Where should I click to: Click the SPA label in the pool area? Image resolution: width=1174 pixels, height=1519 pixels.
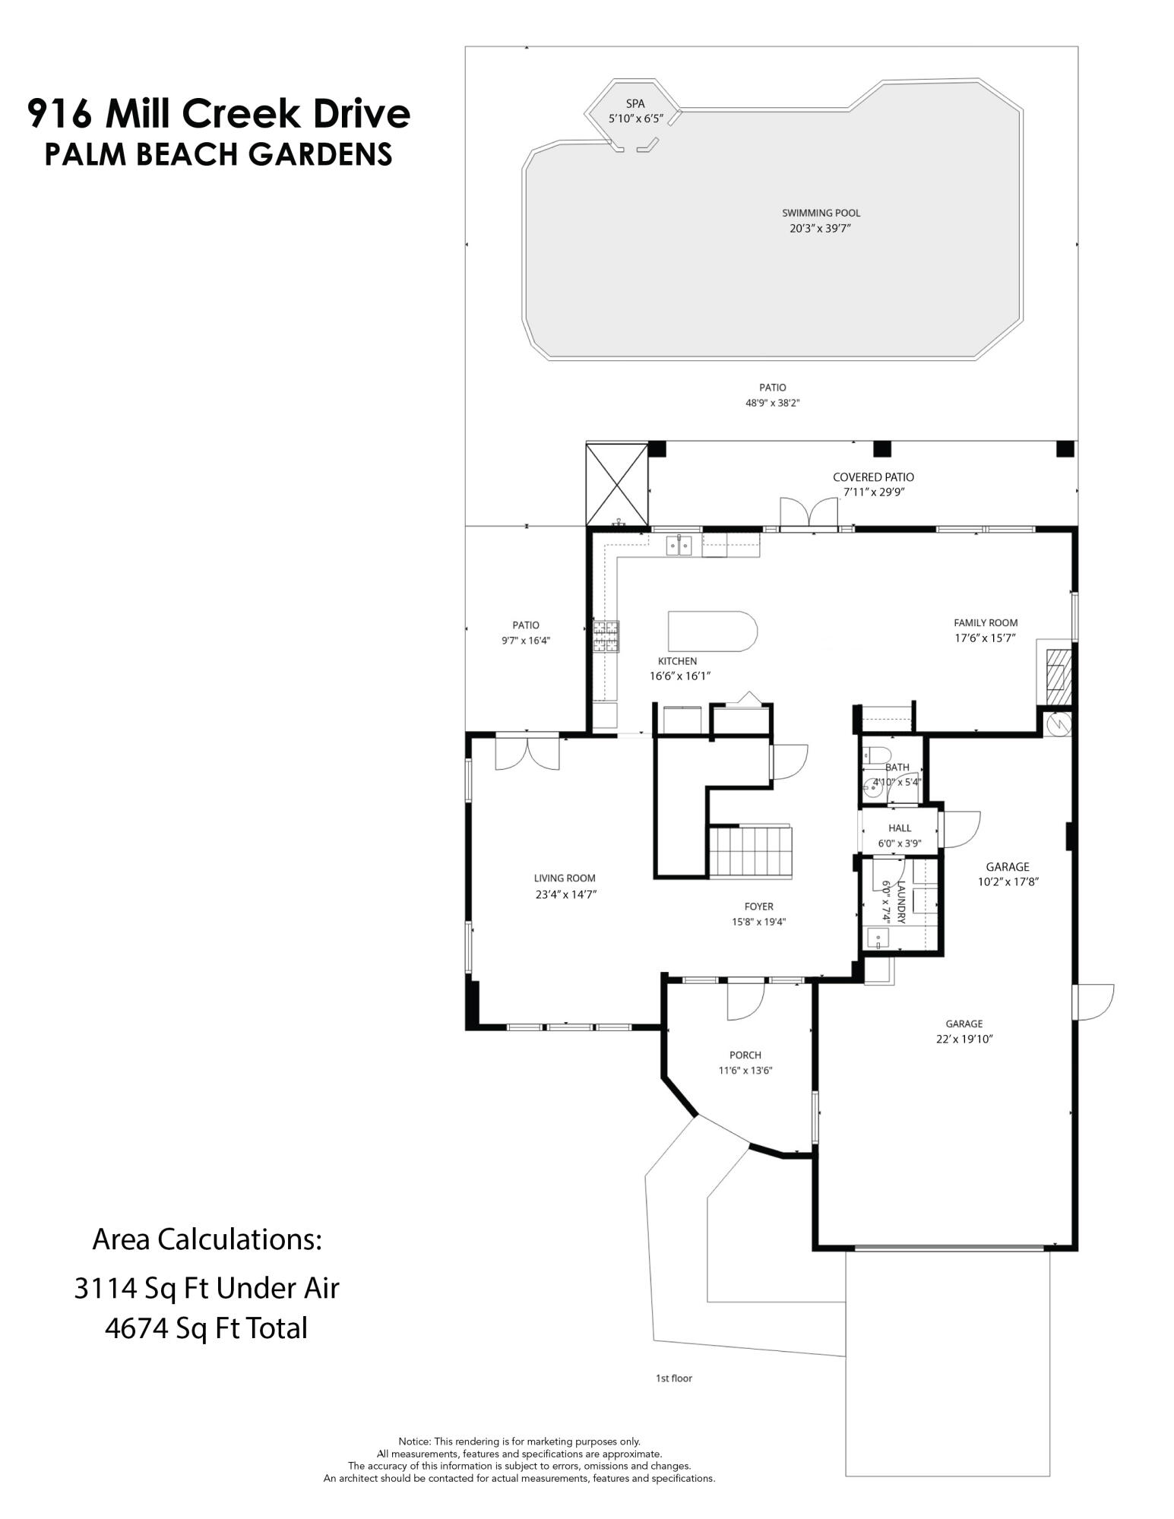[634, 103]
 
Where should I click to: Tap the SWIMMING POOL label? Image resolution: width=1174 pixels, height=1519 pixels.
[821, 213]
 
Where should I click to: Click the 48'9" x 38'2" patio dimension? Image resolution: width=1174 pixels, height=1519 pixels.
[772, 403]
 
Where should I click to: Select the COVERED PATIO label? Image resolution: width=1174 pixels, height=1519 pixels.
[873, 477]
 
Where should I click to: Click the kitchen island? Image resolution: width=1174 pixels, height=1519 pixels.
[712, 631]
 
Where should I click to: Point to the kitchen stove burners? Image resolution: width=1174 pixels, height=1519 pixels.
[606, 636]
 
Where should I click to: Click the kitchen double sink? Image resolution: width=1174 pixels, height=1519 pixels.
[679, 545]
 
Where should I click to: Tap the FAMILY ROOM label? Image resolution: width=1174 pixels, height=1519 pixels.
[986, 622]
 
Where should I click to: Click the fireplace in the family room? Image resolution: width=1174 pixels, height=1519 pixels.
[1056, 670]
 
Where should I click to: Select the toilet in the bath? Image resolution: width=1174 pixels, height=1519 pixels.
[878, 755]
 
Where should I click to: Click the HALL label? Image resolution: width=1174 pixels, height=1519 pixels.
[899, 828]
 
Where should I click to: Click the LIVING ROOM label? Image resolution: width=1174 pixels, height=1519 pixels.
[565, 878]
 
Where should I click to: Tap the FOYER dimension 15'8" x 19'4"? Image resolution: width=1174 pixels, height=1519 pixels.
[758, 922]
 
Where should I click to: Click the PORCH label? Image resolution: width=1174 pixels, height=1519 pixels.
[745, 1055]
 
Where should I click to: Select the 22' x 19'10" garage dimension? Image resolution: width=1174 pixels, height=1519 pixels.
[964, 1039]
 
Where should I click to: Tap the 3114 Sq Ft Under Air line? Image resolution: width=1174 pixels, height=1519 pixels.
[206, 1287]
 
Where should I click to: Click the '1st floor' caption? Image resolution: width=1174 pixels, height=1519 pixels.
[674, 1378]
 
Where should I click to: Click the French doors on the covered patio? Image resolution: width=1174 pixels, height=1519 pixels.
[809, 511]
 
